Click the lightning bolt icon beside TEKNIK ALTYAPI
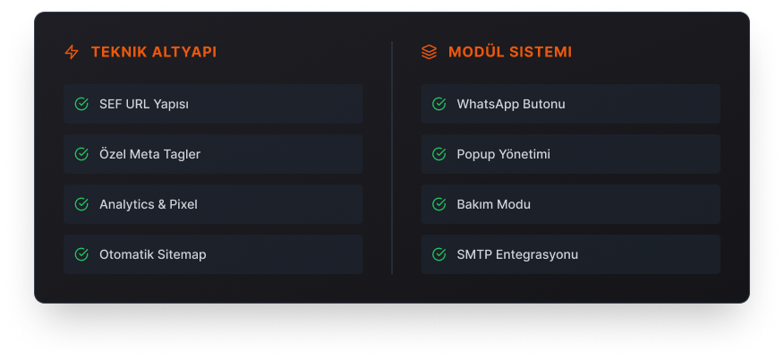pos(72,52)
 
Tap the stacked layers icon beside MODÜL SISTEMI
pos(429,52)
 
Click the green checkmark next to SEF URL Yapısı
pos(81,104)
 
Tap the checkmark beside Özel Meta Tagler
pos(81,154)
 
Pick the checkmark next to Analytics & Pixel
pos(81,204)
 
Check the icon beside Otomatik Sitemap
pos(81,254)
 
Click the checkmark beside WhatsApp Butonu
pos(439,104)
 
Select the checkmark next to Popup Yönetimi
pos(439,154)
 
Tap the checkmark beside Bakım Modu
pos(439,204)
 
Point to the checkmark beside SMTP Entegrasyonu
pos(439,254)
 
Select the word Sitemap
pos(182,254)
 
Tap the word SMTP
pos(474,254)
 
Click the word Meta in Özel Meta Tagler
pos(144,155)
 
